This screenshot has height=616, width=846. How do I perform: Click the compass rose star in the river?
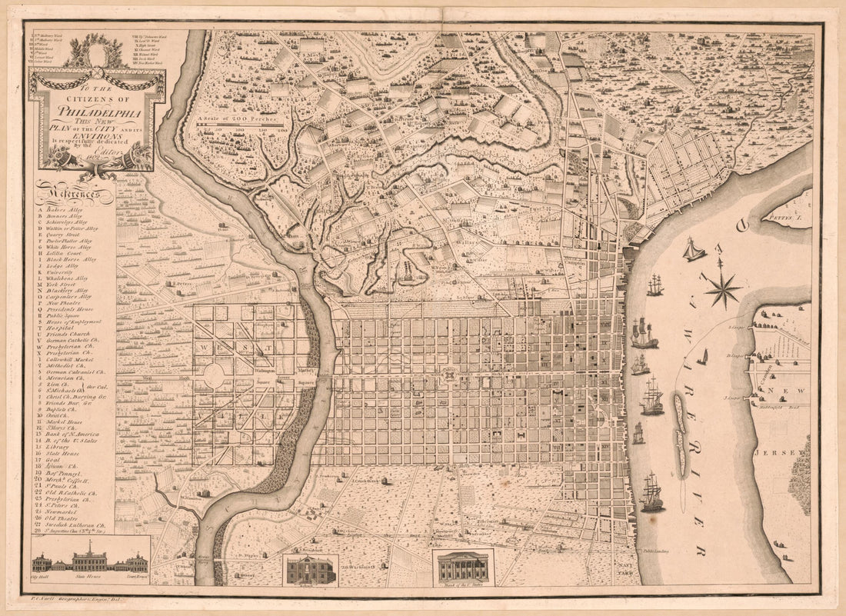721,290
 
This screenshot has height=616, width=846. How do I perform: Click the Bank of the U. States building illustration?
463,568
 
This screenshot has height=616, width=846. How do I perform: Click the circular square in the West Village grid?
215,376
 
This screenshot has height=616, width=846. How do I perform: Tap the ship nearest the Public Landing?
652,494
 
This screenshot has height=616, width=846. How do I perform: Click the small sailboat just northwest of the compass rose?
694,251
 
